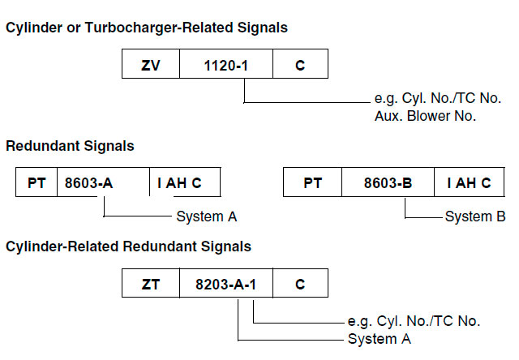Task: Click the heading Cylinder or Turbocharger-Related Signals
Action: [x=146, y=28]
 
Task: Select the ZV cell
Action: [x=150, y=64]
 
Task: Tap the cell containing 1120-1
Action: [x=225, y=64]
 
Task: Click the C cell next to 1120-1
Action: [x=300, y=64]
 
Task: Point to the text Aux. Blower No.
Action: [x=419, y=117]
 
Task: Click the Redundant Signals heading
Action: [x=70, y=147]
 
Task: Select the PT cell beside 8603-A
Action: [x=36, y=183]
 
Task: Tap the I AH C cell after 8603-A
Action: [x=185, y=183]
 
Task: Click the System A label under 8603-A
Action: [x=206, y=216]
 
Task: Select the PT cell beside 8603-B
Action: [x=312, y=183]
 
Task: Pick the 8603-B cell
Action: [x=388, y=183]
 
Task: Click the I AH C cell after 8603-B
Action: [x=469, y=183]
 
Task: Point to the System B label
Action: [x=475, y=216]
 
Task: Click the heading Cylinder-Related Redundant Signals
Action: [x=128, y=246]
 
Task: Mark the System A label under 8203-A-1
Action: [x=380, y=338]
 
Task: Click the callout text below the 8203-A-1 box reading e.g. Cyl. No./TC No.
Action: [x=414, y=322]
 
